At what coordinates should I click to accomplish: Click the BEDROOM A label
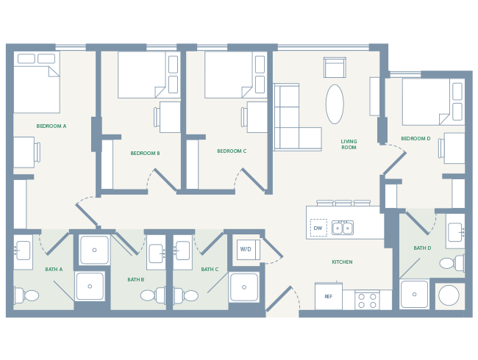pos(51,126)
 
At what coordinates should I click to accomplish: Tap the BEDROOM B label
pos(145,154)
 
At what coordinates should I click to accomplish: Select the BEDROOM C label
pos(232,151)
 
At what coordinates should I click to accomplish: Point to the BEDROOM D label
pos(415,139)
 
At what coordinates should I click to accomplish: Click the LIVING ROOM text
pos(349,145)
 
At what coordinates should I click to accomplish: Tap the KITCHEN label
pos(342,262)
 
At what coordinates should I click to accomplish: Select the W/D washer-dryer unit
pos(246,250)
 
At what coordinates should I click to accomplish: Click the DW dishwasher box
pos(318,228)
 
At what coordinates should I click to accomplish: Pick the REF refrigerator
pos(328,297)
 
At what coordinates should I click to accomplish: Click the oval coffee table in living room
pos(335,104)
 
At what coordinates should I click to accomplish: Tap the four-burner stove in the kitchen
pos(367,300)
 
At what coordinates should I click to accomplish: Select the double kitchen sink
pos(343,228)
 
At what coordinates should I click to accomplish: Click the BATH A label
pos(54,270)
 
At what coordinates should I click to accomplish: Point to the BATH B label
pos(135,280)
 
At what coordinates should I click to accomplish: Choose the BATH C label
pos(210,270)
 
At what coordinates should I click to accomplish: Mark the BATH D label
pos(422,248)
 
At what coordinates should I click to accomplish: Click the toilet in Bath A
pos(26,295)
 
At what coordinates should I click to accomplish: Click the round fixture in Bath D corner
pos(449,295)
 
